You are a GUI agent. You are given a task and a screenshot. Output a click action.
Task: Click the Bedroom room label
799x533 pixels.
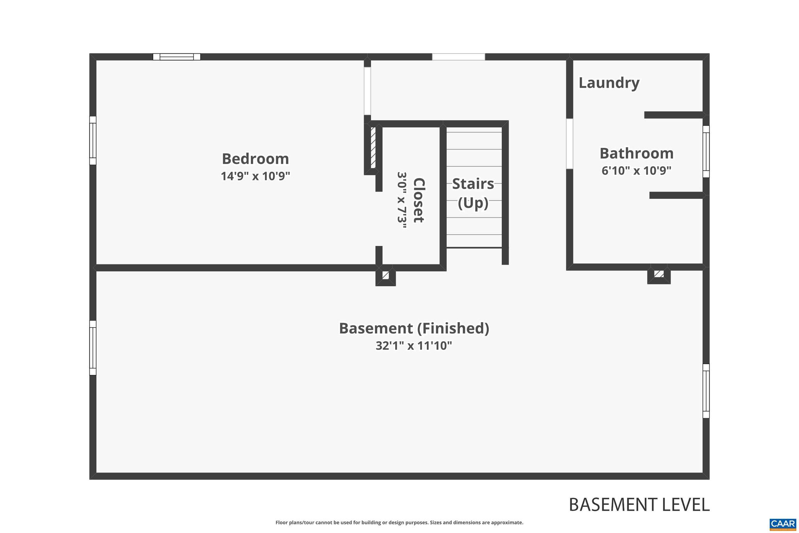[x=255, y=159]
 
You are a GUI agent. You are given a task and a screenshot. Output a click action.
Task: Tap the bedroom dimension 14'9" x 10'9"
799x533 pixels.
[x=255, y=176]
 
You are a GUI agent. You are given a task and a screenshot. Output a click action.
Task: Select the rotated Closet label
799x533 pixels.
[x=419, y=200]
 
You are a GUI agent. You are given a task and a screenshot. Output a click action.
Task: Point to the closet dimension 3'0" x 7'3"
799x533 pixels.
[x=402, y=200]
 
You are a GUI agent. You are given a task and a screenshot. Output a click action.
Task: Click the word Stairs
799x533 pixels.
[x=473, y=184]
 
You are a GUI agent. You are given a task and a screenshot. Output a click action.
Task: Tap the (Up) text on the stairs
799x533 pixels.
[x=473, y=203]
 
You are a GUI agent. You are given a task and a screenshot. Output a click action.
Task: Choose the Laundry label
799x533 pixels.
[x=609, y=83]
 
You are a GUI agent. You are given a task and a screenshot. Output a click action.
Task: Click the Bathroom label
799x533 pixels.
[x=636, y=153]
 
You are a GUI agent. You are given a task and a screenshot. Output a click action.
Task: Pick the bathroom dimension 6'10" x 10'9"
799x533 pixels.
[x=636, y=171]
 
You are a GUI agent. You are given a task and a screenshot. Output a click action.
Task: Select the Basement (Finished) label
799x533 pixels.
[x=414, y=328]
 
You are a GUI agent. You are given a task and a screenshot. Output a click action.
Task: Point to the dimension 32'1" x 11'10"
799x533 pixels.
[x=414, y=346]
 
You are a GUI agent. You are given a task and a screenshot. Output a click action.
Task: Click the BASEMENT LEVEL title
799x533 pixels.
[x=639, y=505]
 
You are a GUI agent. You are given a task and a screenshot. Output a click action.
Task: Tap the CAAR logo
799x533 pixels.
[x=783, y=524]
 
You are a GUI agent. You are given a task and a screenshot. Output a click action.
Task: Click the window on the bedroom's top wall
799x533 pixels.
[x=177, y=57]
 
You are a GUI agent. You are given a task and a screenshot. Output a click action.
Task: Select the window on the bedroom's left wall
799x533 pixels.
[x=93, y=140]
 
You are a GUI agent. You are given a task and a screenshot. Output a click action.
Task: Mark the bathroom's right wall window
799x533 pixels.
[x=706, y=152]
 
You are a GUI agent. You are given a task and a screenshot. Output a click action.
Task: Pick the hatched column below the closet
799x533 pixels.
[x=385, y=276]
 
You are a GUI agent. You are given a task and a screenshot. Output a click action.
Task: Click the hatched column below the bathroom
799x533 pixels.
[x=659, y=274]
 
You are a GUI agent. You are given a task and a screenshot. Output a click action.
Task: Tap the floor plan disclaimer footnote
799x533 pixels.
[x=399, y=522]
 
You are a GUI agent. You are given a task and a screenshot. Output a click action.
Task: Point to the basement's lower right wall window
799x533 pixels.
[x=706, y=391]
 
